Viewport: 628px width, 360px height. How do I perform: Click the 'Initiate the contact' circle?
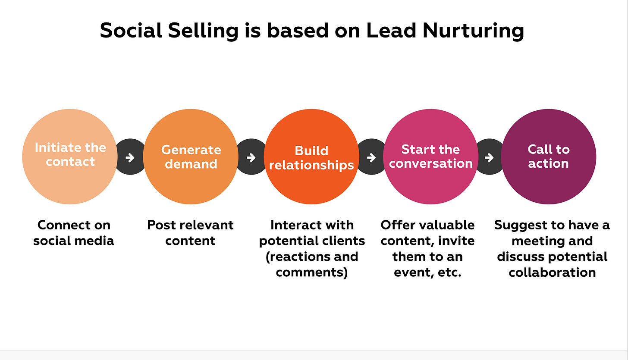click(x=69, y=156)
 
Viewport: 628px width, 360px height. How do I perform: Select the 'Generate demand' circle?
click(x=191, y=157)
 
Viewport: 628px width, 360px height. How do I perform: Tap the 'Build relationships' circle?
click(x=311, y=157)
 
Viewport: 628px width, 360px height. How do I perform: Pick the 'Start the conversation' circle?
click(x=430, y=156)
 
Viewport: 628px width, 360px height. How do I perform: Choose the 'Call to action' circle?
click(x=548, y=156)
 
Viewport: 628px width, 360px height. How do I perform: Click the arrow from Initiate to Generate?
click(x=130, y=158)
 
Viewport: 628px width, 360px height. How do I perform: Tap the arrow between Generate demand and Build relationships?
click(x=251, y=158)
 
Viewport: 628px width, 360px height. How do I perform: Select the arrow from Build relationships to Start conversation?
click(x=371, y=158)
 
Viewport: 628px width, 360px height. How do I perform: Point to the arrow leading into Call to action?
click(x=489, y=158)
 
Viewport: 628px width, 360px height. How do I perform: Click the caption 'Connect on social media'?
click(x=74, y=232)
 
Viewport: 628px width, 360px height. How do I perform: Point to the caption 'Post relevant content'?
click(x=190, y=232)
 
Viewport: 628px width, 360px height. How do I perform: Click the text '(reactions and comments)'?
click(x=311, y=264)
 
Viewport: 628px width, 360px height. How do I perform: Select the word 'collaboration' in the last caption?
click(x=552, y=272)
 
